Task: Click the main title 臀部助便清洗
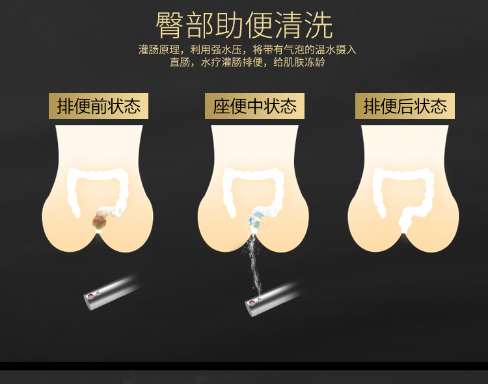[x=244, y=25]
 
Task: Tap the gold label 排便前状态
[x=98, y=106]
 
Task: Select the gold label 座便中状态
[x=254, y=106]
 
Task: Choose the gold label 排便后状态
[x=405, y=106]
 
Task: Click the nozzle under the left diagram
[x=111, y=292]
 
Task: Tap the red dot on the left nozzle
[x=91, y=296]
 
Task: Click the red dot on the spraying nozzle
[x=252, y=303]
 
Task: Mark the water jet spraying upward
[x=254, y=265]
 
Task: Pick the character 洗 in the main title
[x=319, y=25]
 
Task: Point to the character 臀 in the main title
[x=169, y=25]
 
